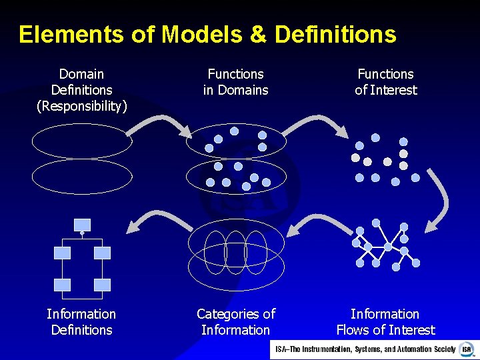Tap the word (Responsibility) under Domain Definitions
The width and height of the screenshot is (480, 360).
tap(81, 106)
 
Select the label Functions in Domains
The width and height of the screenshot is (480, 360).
tap(235, 82)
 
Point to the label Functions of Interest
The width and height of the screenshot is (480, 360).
tap(385, 82)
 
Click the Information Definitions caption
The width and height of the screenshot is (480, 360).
tap(81, 322)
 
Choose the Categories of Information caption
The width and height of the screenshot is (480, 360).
tap(235, 322)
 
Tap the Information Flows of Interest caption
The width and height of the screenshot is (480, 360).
tap(385, 322)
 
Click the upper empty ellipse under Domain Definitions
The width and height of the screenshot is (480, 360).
tap(82, 142)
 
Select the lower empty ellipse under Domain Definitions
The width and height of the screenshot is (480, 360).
tap(82, 176)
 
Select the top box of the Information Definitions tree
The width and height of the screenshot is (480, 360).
tap(82, 224)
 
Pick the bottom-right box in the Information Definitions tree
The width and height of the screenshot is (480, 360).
tap(102, 285)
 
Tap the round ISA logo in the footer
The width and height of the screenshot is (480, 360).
tap(466, 349)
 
